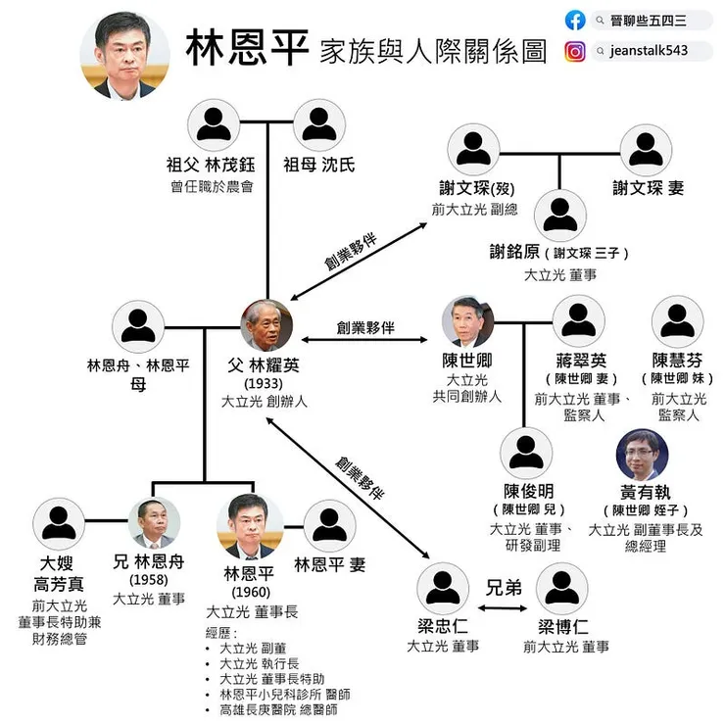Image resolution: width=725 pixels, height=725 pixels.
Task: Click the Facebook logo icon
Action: pyautogui.click(x=575, y=21)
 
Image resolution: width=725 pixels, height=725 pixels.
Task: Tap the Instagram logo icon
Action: pyautogui.click(x=575, y=51)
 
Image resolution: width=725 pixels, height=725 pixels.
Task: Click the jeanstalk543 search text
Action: pyautogui.click(x=649, y=50)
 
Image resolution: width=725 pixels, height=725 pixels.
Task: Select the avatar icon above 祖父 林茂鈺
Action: pyautogui.click(x=214, y=124)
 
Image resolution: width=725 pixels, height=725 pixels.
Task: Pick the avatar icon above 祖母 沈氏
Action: pyautogui.click(x=319, y=124)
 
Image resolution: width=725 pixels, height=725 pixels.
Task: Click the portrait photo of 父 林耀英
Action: pyautogui.click(x=266, y=325)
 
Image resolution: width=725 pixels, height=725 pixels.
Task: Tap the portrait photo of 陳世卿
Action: pyautogui.click(x=467, y=322)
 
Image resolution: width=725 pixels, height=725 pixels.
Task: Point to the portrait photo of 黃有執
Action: pyautogui.click(x=643, y=455)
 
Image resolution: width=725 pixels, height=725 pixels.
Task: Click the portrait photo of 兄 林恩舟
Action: pyautogui.click(x=154, y=523)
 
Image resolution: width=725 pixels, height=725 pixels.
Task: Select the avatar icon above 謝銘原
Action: pyautogui.click(x=560, y=216)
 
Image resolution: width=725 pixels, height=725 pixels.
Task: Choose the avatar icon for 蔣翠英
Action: pyautogui.click(x=579, y=321)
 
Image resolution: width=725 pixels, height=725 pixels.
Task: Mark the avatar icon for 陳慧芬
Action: pyautogui.click(x=677, y=321)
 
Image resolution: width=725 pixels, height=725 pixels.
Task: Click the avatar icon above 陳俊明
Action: pyautogui.click(x=526, y=453)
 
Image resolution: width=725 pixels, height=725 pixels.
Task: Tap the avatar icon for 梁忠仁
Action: pyautogui.click(x=443, y=589)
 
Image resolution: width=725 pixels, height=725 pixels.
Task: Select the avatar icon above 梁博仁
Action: pyautogui.click(x=562, y=589)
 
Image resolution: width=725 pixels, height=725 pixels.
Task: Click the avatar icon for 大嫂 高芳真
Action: pyautogui.click(x=59, y=524)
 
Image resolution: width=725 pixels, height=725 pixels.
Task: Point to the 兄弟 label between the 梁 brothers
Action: pyautogui.click(x=504, y=588)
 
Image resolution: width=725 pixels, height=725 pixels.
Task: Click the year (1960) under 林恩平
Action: pyautogui.click(x=251, y=593)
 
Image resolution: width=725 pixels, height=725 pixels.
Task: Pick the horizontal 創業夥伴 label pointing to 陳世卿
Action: pyautogui.click(x=365, y=328)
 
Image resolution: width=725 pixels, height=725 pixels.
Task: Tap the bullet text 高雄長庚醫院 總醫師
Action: pyautogui.click(x=279, y=709)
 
